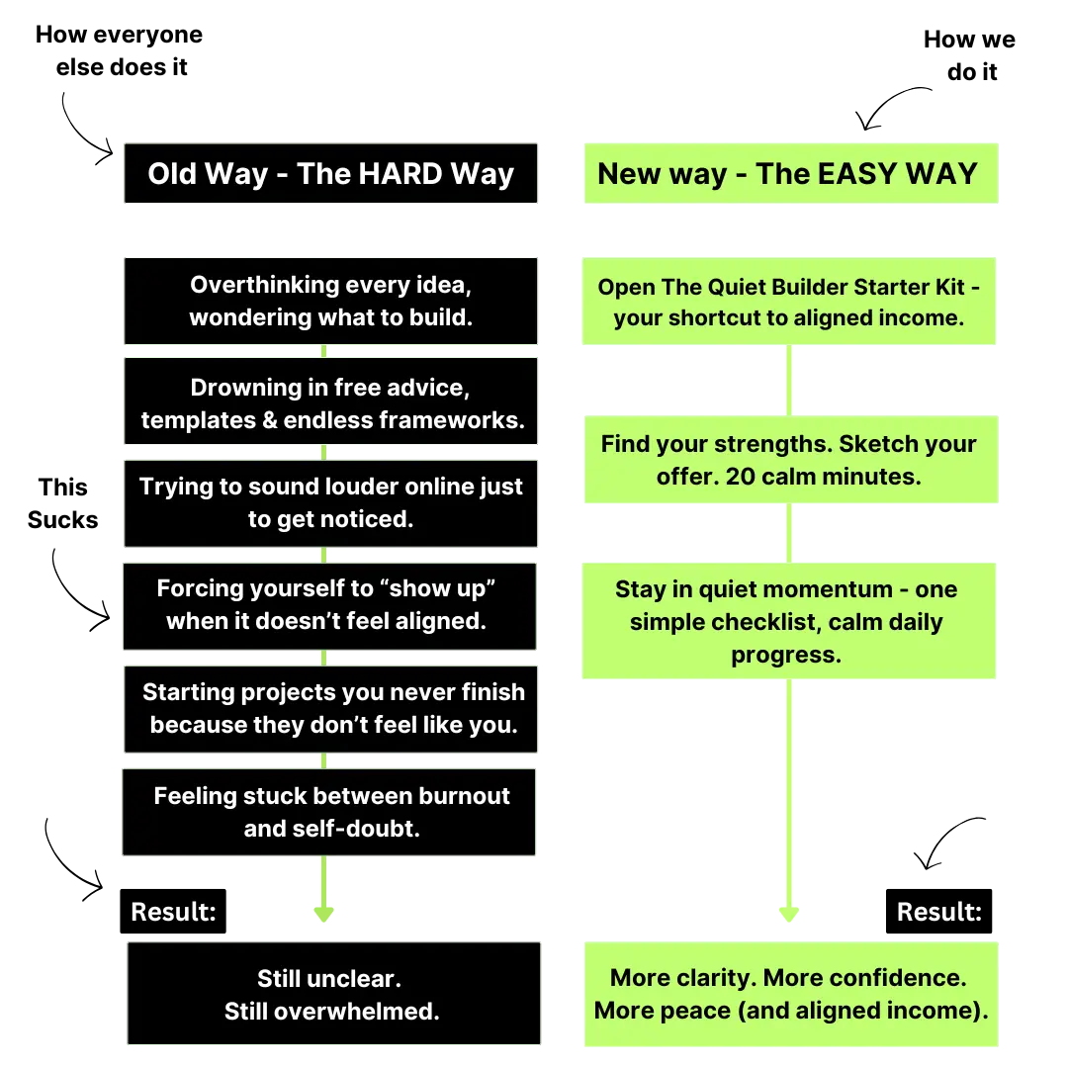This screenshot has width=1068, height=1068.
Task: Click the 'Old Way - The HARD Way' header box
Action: pyautogui.click(x=330, y=174)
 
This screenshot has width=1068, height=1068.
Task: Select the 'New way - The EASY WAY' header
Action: pyautogui.click(x=789, y=174)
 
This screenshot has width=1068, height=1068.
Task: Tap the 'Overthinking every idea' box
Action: pyautogui.click(x=330, y=301)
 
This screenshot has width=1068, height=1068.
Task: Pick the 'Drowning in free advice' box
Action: pyautogui.click(x=330, y=403)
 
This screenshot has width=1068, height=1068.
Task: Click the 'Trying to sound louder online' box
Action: pyautogui.click(x=330, y=502)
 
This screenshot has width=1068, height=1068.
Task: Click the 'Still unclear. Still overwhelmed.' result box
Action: pyautogui.click(x=334, y=994)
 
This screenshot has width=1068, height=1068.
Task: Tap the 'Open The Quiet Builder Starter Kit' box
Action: pyautogui.click(x=787, y=302)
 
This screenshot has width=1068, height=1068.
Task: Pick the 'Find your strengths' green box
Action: pyautogui.click(x=789, y=460)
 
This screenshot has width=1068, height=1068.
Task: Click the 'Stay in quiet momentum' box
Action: pyautogui.click(x=787, y=621)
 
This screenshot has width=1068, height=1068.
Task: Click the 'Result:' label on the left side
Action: pyautogui.click(x=173, y=912)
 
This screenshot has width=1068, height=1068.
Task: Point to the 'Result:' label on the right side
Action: pyautogui.click(x=938, y=912)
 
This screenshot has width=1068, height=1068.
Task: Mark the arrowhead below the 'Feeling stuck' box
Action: pyautogui.click(x=323, y=912)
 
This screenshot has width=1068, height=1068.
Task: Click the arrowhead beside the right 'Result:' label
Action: pyautogui.click(x=789, y=912)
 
